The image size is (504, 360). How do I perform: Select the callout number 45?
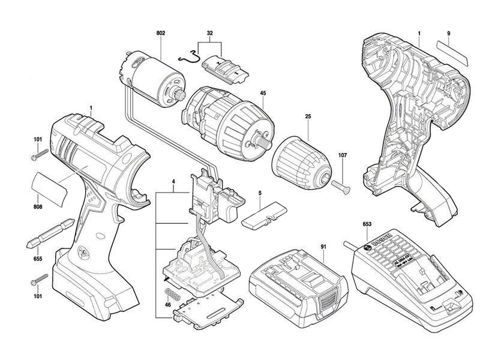coord(262,94)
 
